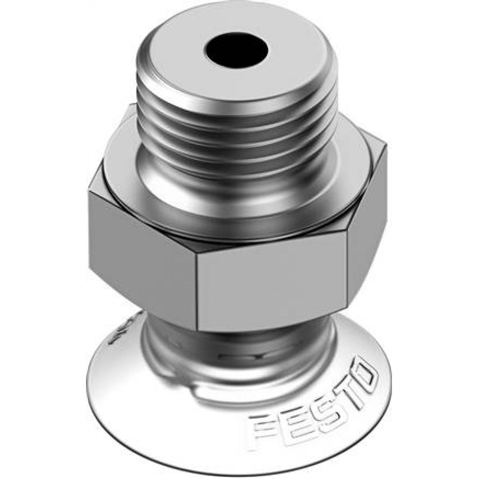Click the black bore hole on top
pyautogui.click(x=236, y=50)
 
